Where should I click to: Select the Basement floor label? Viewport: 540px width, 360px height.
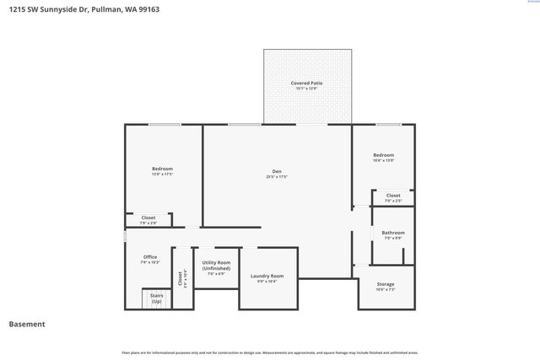(x=26, y=325)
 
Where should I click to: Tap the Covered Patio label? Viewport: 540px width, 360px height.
(x=306, y=83)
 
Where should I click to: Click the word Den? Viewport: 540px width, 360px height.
(x=277, y=172)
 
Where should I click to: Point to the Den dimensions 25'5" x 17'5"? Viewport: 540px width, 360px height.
(x=277, y=177)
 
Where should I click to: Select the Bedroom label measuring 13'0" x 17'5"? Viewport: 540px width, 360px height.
(x=162, y=169)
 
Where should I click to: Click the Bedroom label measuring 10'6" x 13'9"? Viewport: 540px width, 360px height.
(x=383, y=155)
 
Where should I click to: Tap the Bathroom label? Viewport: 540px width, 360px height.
(x=393, y=233)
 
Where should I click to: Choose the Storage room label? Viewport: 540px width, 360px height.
(x=385, y=284)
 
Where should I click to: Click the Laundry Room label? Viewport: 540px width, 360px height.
(x=267, y=276)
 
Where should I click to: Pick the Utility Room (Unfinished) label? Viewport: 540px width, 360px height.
(x=216, y=266)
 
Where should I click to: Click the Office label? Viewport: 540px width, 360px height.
(x=149, y=257)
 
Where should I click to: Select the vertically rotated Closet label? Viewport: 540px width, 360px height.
(x=181, y=278)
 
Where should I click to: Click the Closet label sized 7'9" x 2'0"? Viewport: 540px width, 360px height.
(x=148, y=218)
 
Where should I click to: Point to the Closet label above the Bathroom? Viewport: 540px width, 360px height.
(x=393, y=196)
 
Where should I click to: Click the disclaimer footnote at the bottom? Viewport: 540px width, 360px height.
(x=270, y=352)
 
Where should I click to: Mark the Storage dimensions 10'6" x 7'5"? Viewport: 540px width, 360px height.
(x=385, y=289)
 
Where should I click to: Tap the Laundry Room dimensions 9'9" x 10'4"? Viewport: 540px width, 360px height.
(x=267, y=282)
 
